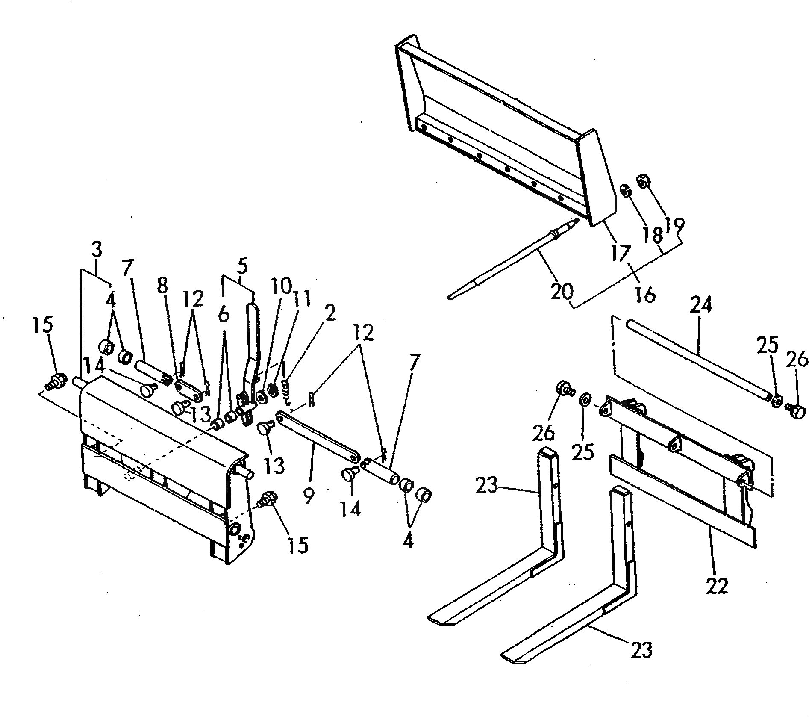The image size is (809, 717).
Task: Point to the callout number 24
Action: pyautogui.click(x=701, y=307)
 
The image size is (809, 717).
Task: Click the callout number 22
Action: pyautogui.click(x=717, y=585)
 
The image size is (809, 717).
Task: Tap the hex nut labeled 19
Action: pyautogui.click(x=642, y=181)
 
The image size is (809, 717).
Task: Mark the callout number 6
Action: pyautogui.click(x=223, y=315)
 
